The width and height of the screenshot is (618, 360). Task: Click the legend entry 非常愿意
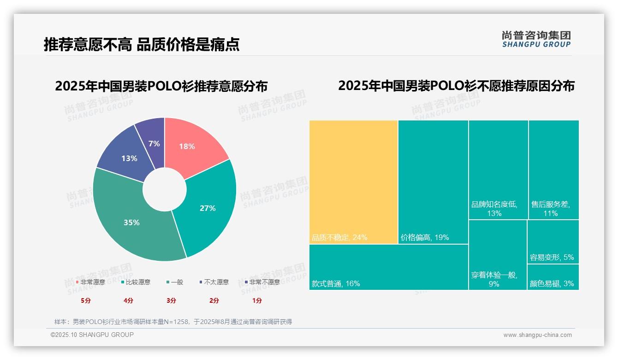92,282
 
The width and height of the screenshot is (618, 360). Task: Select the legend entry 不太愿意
216,282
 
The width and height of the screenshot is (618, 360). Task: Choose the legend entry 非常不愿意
264,282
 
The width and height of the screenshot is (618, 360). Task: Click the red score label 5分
86,300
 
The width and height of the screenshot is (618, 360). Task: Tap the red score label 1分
257,300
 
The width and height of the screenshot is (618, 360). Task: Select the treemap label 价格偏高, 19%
425,238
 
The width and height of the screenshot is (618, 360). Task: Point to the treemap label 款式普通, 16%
336,284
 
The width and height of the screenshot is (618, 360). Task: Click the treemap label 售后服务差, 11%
551,209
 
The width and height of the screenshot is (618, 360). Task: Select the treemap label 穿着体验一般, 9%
494,279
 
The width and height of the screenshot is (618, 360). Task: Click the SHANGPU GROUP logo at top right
536,39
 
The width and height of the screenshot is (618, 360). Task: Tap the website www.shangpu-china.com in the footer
537,335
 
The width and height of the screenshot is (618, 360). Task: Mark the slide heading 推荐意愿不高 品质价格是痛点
142,44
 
